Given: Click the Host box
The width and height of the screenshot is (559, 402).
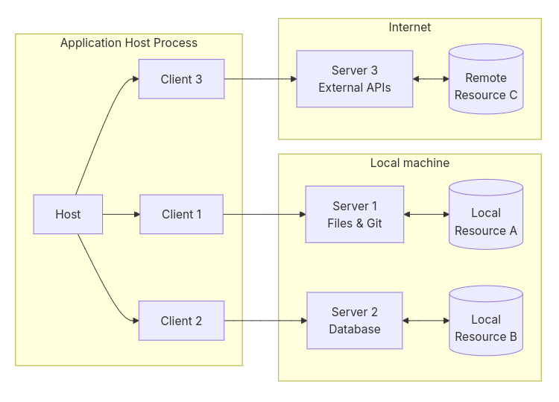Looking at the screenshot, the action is pos(68,214).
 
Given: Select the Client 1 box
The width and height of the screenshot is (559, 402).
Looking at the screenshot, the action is pos(181,214).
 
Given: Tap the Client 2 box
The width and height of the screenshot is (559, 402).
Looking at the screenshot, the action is pos(181,321).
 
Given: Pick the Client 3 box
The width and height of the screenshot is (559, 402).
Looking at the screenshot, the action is pos(181,79).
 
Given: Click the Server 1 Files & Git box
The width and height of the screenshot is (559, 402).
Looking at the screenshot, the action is pos(355,214).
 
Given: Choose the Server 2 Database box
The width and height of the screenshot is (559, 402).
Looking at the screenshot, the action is pos(355,321).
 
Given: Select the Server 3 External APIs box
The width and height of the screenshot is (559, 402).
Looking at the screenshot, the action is pos(355,79).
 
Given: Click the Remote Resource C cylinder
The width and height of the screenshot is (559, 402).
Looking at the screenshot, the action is pos(486,79).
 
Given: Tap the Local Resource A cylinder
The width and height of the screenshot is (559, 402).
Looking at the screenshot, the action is pos(486,214).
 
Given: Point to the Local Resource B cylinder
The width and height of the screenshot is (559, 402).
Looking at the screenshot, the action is pos(486,321).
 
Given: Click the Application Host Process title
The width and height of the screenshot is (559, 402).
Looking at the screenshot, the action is pos(129,43).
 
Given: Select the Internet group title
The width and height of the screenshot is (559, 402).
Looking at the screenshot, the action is pos(410,27).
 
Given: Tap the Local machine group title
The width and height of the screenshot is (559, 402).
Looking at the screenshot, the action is pos(410,163).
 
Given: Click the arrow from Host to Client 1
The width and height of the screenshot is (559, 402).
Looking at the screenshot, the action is pos(121,214).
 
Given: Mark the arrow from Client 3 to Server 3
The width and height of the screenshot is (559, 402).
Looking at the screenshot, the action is pos(260,79).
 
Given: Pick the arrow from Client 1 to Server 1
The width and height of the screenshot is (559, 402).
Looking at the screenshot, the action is pos(265,214).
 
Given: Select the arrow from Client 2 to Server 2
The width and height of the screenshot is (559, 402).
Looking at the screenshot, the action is pos(265,321).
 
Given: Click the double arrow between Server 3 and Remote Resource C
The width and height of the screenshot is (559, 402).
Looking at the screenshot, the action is pos(431,79).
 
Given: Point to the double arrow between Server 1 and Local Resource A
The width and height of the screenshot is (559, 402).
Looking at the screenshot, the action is pos(426,214).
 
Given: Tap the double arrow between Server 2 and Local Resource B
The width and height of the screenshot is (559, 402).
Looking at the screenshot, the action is pos(426,321).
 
